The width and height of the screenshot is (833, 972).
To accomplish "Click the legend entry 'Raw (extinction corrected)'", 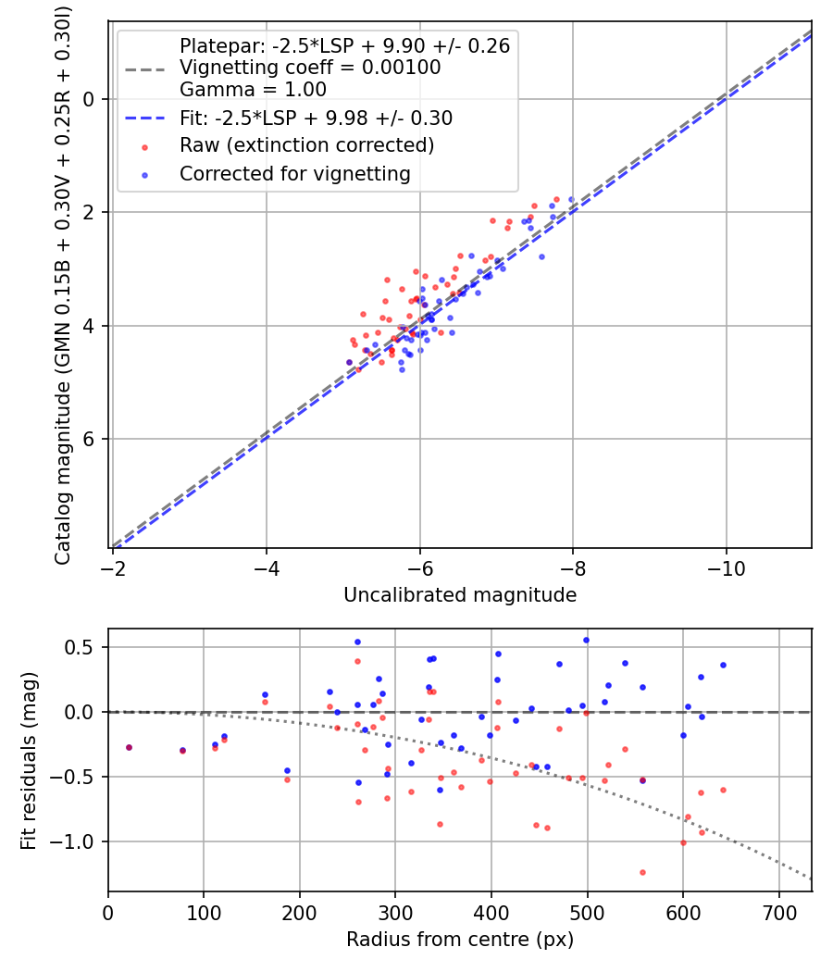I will coord(306,145).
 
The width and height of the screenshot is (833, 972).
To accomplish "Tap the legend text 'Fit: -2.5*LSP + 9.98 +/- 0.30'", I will coord(316,118).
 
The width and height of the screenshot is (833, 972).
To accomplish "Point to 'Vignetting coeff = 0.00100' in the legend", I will coord(310,68).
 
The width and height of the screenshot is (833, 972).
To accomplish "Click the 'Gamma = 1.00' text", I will coord(253,90).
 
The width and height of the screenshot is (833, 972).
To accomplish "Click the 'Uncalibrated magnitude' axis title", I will coord(460,595).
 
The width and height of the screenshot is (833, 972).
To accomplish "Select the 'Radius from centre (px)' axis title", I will coord(460,940).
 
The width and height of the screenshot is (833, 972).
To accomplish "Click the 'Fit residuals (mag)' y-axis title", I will coord(29,760).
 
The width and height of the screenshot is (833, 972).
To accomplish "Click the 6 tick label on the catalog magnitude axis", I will coord(90,439).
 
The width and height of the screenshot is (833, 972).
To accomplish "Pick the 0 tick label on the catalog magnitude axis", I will coord(90,99).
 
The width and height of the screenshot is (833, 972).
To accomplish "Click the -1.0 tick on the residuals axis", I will coord(78,841).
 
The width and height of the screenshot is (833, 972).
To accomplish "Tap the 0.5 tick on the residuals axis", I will coord(83,647).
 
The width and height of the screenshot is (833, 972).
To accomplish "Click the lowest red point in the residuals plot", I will coord(641,872).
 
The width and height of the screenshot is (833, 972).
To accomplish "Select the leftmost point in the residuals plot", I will coord(129,747).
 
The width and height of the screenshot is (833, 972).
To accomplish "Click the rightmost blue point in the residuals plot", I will coord(723,665).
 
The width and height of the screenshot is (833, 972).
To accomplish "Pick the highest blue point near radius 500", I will coord(586,640).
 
